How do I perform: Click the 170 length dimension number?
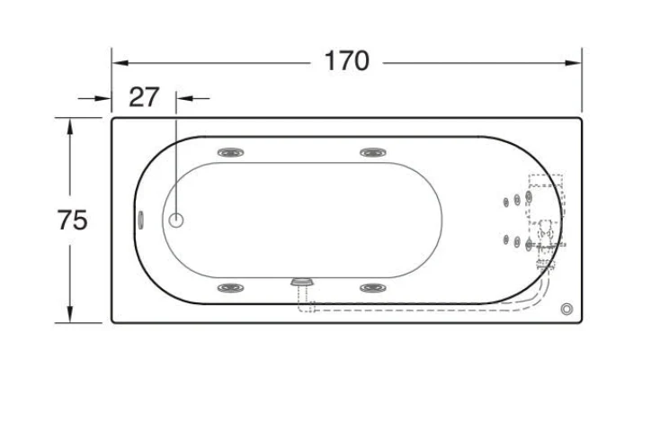point(347,61)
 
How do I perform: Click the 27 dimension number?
point(144,97)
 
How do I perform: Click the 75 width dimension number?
point(72,220)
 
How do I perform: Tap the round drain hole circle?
point(176,220)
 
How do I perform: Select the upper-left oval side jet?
point(231,152)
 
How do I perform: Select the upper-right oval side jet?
point(373,152)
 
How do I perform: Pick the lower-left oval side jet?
point(231,287)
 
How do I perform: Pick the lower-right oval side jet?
point(373,287)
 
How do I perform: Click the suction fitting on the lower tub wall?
point(302,282)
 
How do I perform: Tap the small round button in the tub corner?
point(566,309)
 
